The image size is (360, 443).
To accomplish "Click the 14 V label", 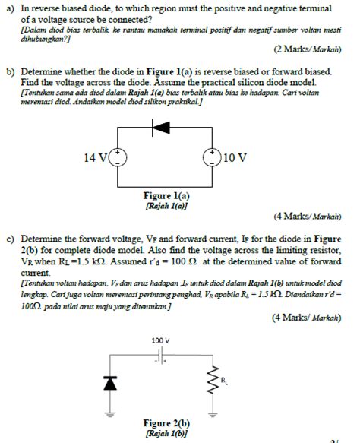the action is tap(96, 158).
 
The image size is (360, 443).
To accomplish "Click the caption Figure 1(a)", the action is tap(166, 195).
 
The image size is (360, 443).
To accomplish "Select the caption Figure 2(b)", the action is tap(166, 422).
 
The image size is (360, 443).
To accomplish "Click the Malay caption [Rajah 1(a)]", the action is tap(166, 205).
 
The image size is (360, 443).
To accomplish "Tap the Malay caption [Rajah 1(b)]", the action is tap(166, 432).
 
